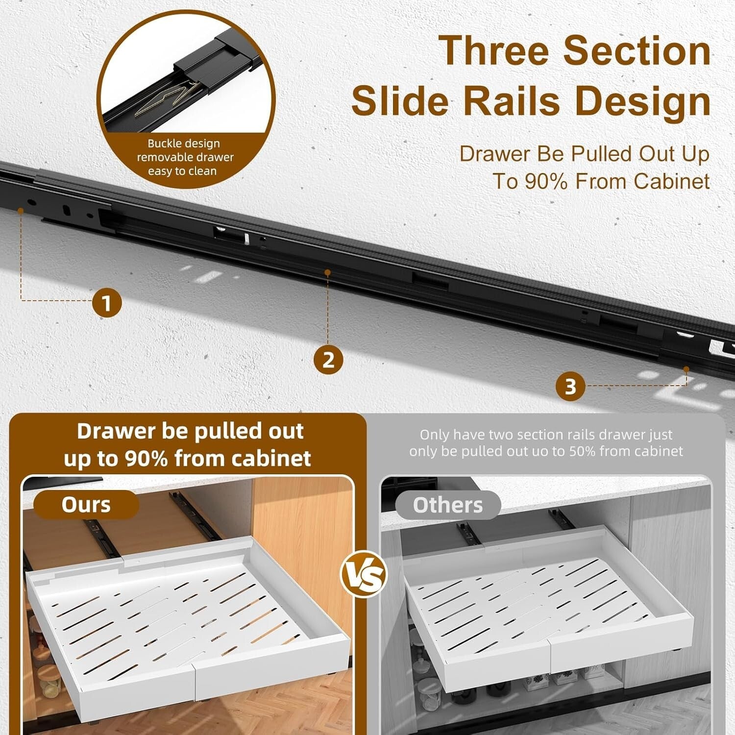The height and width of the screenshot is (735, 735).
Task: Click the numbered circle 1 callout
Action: coord(107,303)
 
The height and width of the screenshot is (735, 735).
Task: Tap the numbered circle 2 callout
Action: coord(328,360)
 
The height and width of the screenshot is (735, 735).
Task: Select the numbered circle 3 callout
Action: coord(570,387)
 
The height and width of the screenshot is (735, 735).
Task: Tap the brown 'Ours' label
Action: coord(86,505)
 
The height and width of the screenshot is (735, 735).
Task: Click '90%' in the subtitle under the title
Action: coord(546,182)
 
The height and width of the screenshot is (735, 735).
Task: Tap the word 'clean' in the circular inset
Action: coord(203,171)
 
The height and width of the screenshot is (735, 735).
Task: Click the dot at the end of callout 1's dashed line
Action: coord(21,211)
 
